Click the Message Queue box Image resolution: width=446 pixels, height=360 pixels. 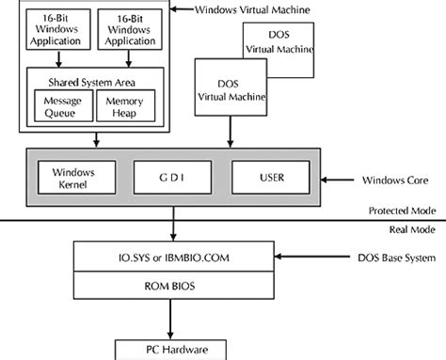tap(58, 105)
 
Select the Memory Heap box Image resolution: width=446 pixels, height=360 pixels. tap(124, 105)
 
